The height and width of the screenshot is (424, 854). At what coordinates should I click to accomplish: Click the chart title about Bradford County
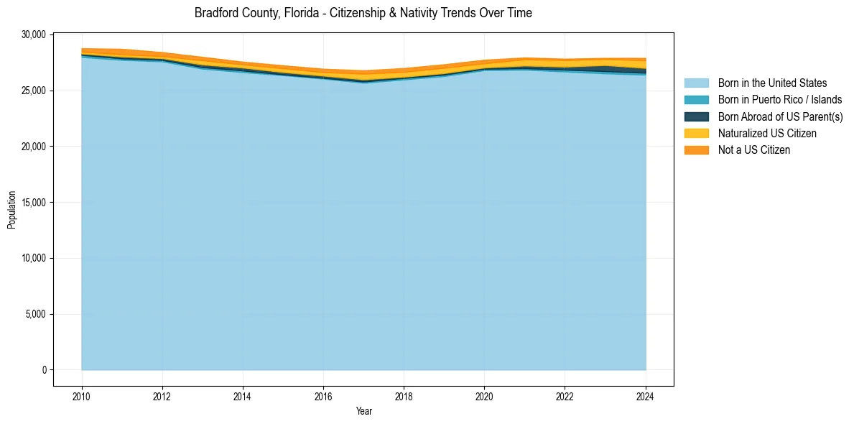(x=363, y=13)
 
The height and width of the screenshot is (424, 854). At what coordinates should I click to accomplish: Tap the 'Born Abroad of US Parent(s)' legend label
(x=780, y=116)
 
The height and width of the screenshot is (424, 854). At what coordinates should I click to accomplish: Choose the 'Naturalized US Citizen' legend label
(x=767, y=134)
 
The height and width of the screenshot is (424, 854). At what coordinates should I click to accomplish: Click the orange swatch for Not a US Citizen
(x=696, y=150)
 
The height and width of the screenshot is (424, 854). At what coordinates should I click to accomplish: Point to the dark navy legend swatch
(x=696, y=116)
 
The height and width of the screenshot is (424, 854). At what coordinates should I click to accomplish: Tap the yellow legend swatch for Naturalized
(x=696, y=134)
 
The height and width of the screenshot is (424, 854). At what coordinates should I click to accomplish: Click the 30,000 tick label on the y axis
(x=33, y=34)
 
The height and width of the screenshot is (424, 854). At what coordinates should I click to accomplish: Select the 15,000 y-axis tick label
(x=33, y=203)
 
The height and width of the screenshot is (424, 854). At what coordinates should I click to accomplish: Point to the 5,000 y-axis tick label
(x=35, y=314)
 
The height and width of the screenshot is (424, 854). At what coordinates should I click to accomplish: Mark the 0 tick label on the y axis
(x=44, y=370)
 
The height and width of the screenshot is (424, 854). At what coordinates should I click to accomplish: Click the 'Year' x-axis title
(x=363, y=411)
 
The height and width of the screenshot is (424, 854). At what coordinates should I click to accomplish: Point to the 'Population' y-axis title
(x=11, y=210)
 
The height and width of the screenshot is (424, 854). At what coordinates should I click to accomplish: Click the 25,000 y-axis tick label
(x=33, y=91)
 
